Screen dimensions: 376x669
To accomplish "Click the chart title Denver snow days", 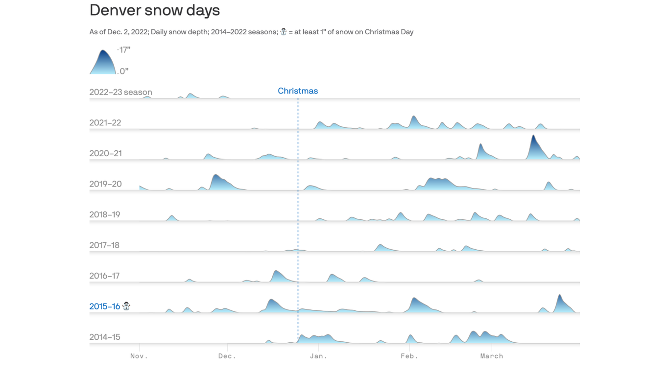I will [x=154, y=10].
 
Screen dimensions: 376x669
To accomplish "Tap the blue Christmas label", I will [x=298, y=91].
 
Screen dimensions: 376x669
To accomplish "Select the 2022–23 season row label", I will [x=120, y=92].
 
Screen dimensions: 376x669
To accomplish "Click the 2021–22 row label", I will [x=105, y=123].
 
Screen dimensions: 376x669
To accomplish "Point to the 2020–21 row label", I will [x=105, y=153].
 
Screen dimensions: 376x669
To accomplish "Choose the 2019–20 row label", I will [x=105, y=184].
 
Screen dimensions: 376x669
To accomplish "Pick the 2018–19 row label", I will [x=104, y=214].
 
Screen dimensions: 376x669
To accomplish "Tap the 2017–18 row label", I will [x=104, y=245].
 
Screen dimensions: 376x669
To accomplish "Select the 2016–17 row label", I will [x=104, y=276].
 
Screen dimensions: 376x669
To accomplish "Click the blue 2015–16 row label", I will [x=104, y=306].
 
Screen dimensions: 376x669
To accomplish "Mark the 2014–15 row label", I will [x=104, y=337].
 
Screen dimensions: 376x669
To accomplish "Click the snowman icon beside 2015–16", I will [x=126, y=306].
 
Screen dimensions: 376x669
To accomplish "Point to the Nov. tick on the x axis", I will [x=139, y=356].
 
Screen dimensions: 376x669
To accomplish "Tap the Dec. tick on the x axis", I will [x=227, y=356].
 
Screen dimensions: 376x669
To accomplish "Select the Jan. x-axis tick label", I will [x=318, y=356].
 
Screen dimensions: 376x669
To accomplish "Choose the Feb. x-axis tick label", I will [x=409, y=356].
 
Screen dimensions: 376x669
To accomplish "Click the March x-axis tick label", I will [x=492, y=356].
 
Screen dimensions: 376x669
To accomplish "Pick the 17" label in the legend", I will [x=125, y=50].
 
